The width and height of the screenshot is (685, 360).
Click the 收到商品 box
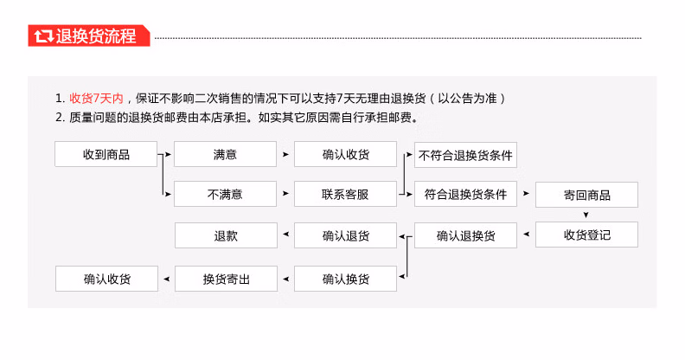106,154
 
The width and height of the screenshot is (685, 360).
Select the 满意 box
225,154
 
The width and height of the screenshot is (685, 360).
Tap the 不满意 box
225,194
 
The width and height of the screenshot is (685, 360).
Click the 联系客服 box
345,194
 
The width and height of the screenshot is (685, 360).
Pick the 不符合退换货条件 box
465,155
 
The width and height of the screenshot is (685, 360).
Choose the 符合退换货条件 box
465,194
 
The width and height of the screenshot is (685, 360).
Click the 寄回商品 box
586,195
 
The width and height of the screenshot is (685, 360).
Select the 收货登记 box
586,235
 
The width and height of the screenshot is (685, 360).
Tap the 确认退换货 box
465,235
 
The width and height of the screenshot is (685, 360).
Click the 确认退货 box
345,235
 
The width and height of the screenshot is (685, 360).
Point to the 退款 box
226,235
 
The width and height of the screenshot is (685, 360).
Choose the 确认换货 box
345,279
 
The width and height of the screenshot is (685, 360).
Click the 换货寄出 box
226,279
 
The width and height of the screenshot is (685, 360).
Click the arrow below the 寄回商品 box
586,215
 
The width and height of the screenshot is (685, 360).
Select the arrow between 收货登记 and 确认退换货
527,235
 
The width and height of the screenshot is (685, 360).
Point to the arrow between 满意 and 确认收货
285,154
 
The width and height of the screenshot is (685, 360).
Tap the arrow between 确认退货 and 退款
285,235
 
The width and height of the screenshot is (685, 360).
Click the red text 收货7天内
96,99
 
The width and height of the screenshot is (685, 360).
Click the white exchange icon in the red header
44,35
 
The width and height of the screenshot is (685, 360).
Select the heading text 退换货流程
96,35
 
